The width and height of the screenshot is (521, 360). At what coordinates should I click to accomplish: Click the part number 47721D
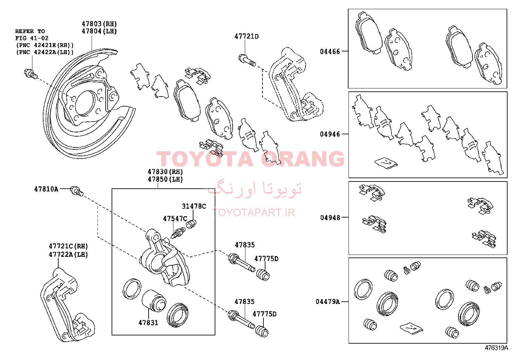point(246,36)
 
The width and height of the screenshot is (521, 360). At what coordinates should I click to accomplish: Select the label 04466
point(330,51)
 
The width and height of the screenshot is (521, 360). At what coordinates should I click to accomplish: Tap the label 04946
point(330,134)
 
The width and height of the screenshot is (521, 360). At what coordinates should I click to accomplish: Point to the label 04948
point(330,218)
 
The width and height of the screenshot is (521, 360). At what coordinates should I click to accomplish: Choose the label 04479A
point(328,302)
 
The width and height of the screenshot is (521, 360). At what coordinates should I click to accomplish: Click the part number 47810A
point(46,189)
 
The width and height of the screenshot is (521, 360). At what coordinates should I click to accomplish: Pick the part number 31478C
point(194,206)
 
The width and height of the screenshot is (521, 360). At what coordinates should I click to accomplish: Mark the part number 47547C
point(175,219)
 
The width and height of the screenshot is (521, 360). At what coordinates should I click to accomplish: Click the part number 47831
point(148,323)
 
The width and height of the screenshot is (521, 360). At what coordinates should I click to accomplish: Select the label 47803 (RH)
point(99,24)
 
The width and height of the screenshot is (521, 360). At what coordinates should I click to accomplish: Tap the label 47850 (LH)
point(165,179)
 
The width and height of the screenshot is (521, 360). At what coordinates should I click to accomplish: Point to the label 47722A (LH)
point(68,255)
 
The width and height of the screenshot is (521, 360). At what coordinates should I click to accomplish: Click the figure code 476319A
point(496,348)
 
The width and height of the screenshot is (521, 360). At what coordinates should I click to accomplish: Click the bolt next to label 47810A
point(77,191)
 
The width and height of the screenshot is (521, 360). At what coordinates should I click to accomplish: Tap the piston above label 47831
point(154,301)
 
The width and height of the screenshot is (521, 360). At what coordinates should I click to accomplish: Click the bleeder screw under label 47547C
point(178,233)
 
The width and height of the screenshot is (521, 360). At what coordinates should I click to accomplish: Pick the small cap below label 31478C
point(191,224)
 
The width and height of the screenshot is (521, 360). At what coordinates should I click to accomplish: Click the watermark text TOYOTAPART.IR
point(253,213)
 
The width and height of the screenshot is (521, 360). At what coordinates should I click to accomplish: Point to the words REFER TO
point(30,31)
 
